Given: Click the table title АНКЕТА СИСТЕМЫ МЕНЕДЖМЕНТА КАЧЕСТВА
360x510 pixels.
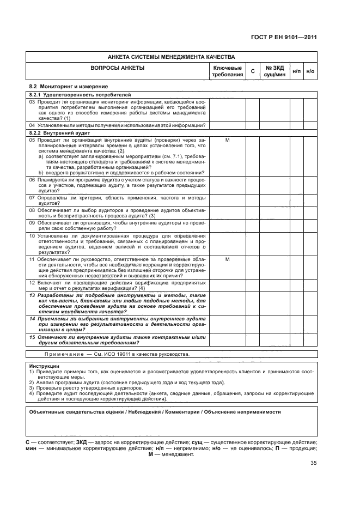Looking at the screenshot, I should point(171,57).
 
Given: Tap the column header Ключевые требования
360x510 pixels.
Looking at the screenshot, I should point(227,71).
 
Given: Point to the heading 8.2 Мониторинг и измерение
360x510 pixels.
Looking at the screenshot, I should point(68,87).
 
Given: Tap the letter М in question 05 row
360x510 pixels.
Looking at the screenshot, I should point(227,141).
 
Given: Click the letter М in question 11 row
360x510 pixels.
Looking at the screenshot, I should point(227,259).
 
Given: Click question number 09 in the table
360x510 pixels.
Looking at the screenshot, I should point(32,222).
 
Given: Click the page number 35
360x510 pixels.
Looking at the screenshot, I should point(313,463).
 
